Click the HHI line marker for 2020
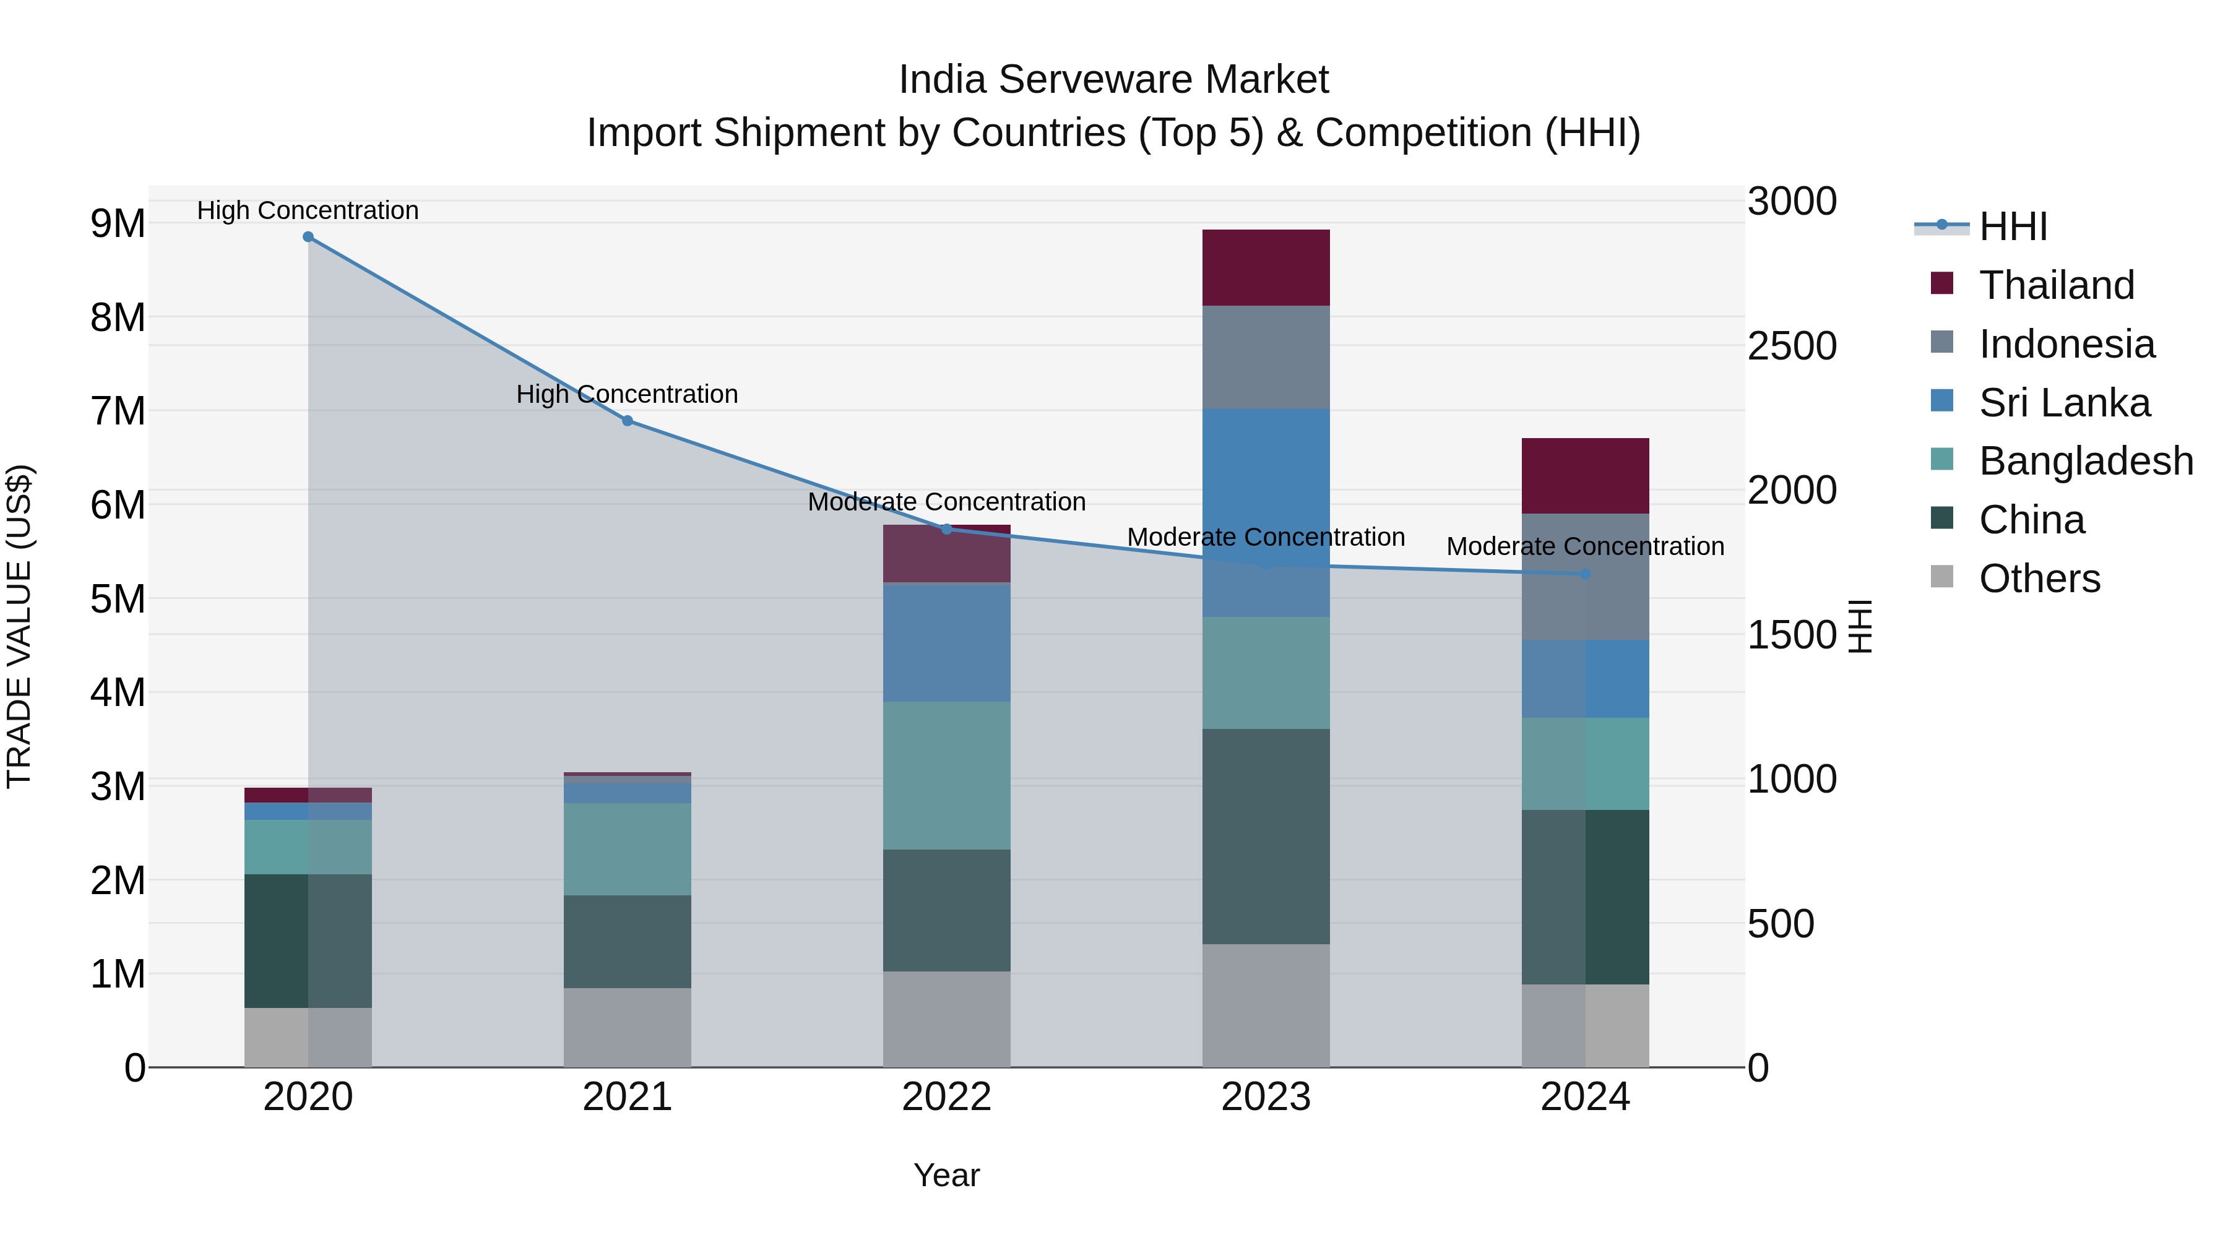(308, 237)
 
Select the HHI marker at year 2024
(1586, 574)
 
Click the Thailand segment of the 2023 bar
(1266, 268)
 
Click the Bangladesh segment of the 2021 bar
(627, 848)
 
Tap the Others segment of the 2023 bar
(1266, 1005)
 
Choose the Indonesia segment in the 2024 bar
(1586, 605)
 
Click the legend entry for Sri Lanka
(2063, 403)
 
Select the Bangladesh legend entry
(2084, 462)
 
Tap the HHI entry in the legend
(2012, 226)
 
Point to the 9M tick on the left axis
(118, 224)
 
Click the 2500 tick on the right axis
(1791, 346)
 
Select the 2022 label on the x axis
(946, 1097)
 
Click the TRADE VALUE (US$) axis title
(20, 626)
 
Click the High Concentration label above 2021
(627, 394)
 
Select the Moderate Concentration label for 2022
(946, 502)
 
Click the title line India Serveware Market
(1113, 80)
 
